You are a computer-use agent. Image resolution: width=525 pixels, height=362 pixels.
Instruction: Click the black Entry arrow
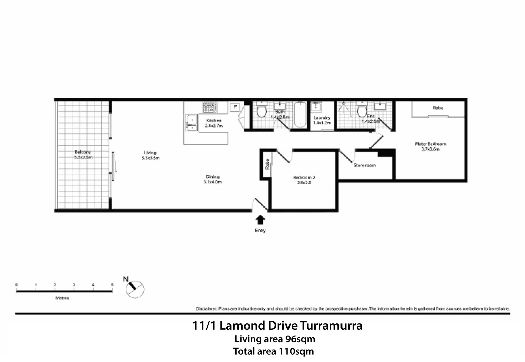(x=260, y=220)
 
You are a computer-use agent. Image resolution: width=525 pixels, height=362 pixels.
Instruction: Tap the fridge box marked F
(x=235, y=107)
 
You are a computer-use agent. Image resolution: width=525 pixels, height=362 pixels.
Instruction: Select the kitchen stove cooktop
(x=210, y=107)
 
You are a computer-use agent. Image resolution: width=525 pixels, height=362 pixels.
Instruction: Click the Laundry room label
(x=322, y=118)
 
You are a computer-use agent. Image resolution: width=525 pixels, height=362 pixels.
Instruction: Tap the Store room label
(x=364, y=165)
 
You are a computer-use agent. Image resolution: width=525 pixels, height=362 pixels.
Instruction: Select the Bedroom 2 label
(x=304, y=178)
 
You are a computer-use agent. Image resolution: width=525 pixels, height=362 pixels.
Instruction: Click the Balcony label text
(x=83, y=152)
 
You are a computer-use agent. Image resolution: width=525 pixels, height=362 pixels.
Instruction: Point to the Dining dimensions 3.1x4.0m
(x=212, y=182)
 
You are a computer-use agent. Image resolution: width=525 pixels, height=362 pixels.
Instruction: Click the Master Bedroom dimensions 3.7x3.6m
(x=430, y=149)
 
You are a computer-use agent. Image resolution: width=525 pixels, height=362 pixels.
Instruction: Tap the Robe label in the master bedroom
(x=438, y=108)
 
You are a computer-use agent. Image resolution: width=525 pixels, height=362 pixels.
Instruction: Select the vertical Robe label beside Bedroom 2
(x=267, y=164)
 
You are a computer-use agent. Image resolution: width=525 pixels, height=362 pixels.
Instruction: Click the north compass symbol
(x=135, y=289)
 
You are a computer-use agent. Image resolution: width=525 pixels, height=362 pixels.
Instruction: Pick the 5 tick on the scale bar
(x=112, y=285)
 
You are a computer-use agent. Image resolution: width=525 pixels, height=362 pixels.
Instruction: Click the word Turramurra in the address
(x=331, y=326)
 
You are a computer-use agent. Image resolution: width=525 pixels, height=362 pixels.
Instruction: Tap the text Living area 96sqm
(x=274, y=339)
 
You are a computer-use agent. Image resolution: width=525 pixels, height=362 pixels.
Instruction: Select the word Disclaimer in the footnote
(x=206, y=309)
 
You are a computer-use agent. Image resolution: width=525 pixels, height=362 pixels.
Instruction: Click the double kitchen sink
(x=192, y=123)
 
